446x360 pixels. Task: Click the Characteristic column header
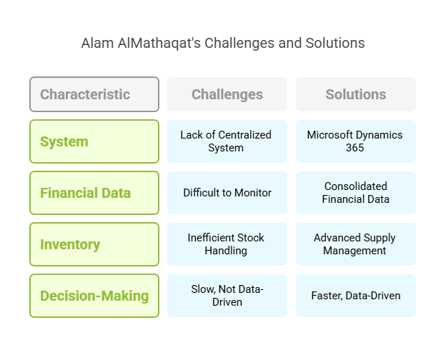click(x=94, y=94)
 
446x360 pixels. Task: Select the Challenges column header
click(x=227, y=94)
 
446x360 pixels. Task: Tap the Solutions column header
click(x=356, y=94)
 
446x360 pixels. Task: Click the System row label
click(x=94, y=141)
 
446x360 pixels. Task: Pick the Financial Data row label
click(x=94, y=193)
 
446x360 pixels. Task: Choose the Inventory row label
click(x=94, y=244)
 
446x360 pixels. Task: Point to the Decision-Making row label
click(x=94, y=296)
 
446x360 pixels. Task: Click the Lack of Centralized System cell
click(x=227, y=141)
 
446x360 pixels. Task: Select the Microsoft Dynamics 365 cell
click(x=356, y=141)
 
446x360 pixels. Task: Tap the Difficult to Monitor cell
click(x=227, y=193)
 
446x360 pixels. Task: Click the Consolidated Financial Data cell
click(x=356, y=193)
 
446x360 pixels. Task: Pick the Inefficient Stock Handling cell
click(x=227, y=244)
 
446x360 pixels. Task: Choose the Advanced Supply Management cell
click(x=356, y=244)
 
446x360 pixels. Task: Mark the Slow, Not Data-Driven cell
click(x=227, y=296)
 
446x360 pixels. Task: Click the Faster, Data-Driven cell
click(x=356, y=296)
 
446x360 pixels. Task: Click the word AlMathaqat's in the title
click(x=159, y=44)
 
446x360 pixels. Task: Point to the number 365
click(x=355, y=148)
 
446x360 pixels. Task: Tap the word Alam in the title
click(x=97, y=44)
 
